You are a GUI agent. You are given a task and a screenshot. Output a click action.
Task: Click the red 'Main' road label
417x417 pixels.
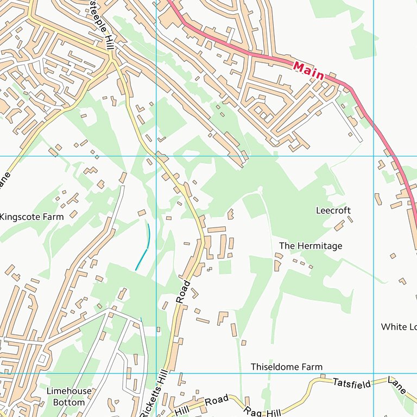point(308,71)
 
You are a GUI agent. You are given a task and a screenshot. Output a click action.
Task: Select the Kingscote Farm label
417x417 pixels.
point(31,217)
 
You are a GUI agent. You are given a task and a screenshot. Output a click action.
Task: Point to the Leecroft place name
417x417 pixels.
point(333,210)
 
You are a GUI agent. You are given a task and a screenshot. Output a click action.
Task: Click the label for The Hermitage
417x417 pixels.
point(311,246)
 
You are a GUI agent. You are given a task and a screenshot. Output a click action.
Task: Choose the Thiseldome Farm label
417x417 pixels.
point(286,367)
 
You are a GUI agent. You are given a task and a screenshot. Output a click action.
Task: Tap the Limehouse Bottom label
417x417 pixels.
point(65,397)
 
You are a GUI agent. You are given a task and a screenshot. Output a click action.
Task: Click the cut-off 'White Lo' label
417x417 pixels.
point(399,327)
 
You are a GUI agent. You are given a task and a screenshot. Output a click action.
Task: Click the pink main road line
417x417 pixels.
point(380,136)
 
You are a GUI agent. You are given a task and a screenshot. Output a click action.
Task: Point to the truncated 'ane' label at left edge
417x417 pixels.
point(5,180)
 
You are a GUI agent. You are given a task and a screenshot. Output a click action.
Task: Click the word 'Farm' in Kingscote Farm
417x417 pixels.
point(53,217)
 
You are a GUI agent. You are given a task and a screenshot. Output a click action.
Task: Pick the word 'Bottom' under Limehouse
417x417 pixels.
point(68,402)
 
